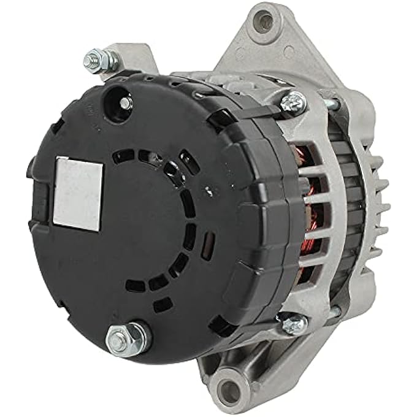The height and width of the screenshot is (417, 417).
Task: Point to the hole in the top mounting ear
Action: [x=266, y=23]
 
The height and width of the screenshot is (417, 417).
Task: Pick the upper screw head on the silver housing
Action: [x=294, y=101]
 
